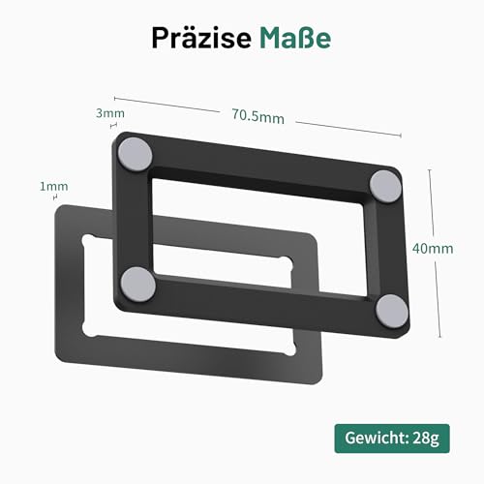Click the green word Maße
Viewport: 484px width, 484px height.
point(294,37)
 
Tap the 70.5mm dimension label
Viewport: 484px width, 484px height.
point(257,118)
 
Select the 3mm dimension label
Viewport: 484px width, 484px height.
point(109,113)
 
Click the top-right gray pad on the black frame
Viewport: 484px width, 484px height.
point(385,180)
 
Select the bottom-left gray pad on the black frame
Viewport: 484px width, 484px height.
point(141,283)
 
